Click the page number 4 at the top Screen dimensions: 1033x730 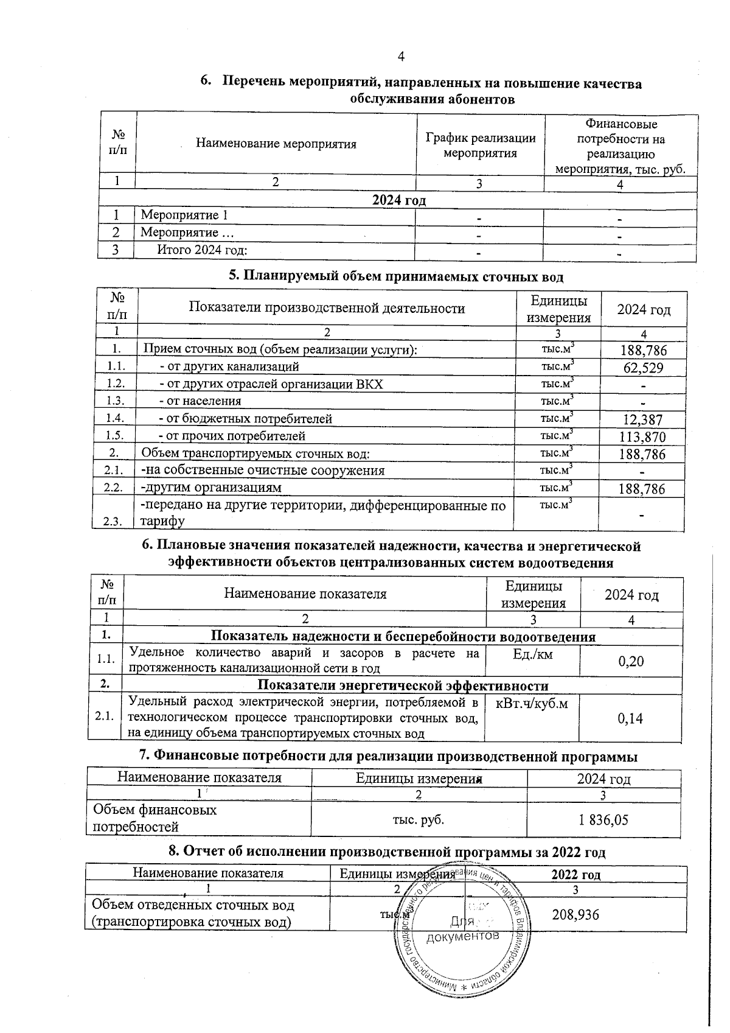coord(401,57)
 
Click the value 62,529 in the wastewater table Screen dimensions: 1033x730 coord(642,368)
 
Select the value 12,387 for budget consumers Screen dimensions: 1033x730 coord(642,419)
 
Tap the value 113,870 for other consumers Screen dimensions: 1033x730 coord(642,437)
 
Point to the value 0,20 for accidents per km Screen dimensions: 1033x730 coord(630,661)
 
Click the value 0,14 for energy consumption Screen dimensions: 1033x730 coord(630,718)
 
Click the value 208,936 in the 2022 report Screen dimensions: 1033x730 coord(575,914)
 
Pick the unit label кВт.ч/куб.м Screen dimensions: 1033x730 coord(532,704)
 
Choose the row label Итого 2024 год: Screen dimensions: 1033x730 coord(202,250)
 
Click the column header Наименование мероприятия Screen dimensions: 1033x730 coord(276,144)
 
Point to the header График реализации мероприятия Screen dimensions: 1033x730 coord(480,145)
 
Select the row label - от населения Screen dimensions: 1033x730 coord(200,401)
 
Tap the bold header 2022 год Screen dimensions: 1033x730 coord(575,875)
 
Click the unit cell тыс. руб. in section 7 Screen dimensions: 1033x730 coord(419,819)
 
